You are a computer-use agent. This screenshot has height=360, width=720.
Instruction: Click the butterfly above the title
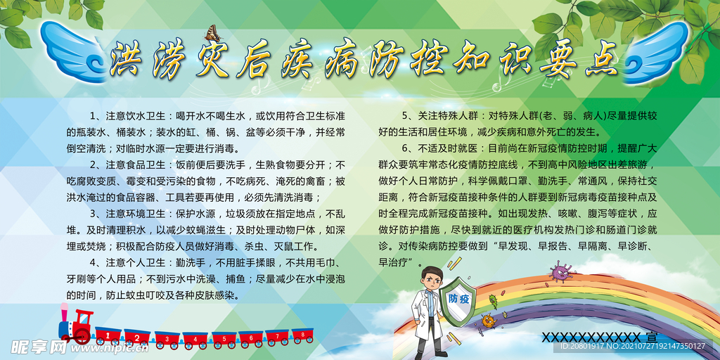[212, 33]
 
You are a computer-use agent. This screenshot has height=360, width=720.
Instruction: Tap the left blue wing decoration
[73, 51]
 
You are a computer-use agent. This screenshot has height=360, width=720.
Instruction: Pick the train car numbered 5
[224, 338]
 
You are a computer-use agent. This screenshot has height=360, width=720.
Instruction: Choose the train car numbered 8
[302, 335]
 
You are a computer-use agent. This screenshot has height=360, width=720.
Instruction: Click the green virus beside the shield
[493, 301]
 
